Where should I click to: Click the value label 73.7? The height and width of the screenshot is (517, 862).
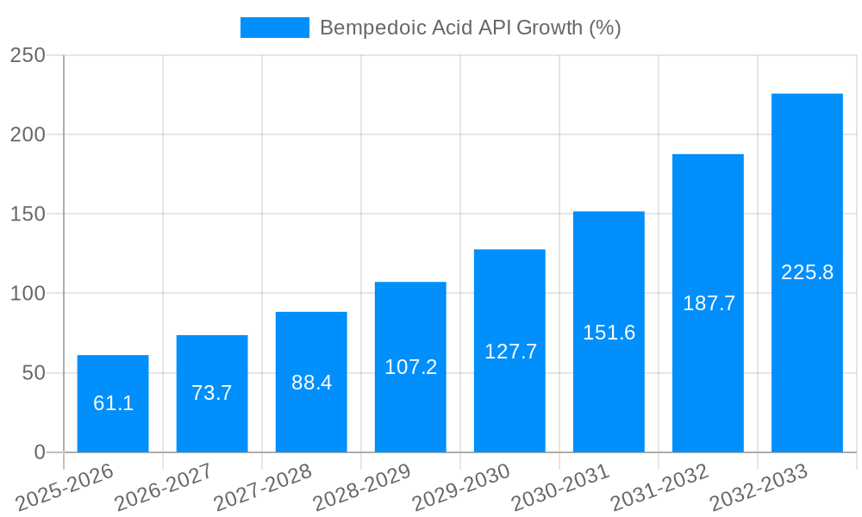point(212,393)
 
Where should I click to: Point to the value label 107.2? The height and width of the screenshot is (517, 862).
point(410,367)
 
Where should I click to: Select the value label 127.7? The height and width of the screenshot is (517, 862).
point(510,352)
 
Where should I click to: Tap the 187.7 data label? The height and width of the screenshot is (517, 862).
point(709,303)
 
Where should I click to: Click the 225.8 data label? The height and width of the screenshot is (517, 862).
point(807,272)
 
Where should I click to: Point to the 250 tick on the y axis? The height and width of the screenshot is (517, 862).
point(28,55)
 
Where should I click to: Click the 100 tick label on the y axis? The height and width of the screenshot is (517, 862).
point(28,294)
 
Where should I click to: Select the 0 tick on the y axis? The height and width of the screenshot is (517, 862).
point(40,452)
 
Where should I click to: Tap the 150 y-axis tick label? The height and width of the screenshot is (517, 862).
point(28,214)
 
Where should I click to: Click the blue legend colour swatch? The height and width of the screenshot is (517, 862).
point(274,28)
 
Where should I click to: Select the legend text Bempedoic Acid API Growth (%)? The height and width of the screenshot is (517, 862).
point(470,28)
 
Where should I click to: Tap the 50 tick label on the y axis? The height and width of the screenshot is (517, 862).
point(33,373)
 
